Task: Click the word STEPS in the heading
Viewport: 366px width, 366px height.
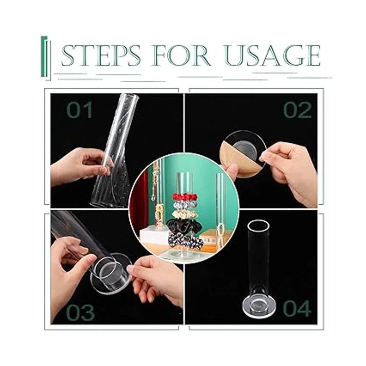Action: tap(101, 56)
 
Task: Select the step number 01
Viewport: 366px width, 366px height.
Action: tap(80, 110)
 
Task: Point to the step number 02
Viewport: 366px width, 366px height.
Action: tap(297, 110)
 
